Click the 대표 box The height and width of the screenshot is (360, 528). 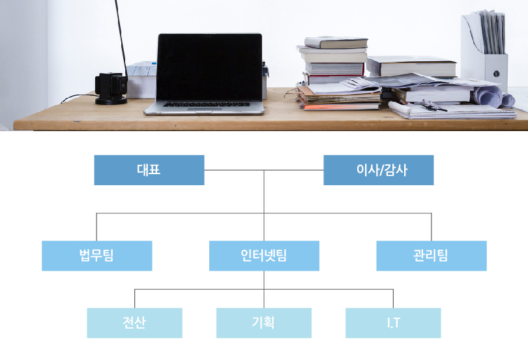tap(149, 170)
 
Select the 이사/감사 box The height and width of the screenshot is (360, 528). tap(379, 170)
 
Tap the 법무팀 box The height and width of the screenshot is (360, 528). tap(97, 256)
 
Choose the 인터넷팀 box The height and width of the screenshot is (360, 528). tap(265, 256)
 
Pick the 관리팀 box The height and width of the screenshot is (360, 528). tap(432, 256)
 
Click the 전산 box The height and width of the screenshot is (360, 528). tap(135, 323)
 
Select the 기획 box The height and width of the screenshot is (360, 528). tap(264, 323)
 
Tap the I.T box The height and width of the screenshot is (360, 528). tap(393, 323)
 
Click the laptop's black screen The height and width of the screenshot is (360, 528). tap(209, 67)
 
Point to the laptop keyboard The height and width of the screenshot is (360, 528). tap(207, 104)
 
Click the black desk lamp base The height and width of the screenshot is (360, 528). tap(111, 100)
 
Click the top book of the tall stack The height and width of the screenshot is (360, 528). tap(336, 42)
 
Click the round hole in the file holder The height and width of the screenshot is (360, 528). tap(496, 74)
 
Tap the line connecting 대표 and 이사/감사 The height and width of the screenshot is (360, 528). tap(264, 170)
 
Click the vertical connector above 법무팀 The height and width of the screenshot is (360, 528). tap(96, 227)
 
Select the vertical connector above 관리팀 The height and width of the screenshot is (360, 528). tap(432, 227)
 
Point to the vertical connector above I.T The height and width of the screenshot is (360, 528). tap(393, 299)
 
